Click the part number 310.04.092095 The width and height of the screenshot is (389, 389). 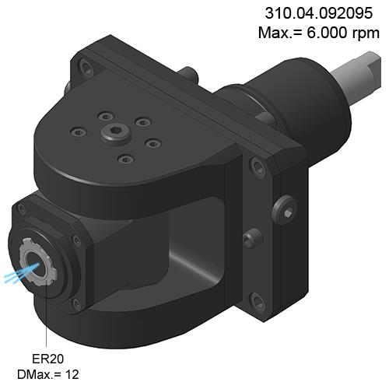(x=319, y=13)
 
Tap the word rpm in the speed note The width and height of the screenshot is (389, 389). (x=366, y=33)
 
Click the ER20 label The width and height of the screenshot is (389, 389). (x=47, y=359)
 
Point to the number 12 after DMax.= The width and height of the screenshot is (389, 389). (x=72, y=374)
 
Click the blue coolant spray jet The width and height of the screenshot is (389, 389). (x=22, y=274)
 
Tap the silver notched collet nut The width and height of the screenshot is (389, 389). (x=38, y=262)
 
